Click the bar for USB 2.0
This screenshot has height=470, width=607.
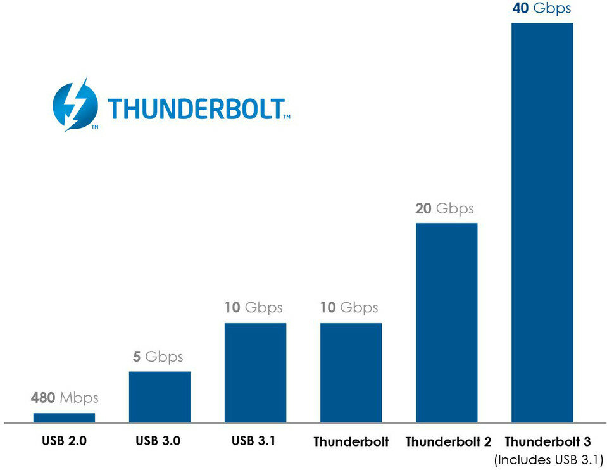64,417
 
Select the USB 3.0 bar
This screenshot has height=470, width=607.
160,397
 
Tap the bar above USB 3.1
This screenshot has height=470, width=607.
255,372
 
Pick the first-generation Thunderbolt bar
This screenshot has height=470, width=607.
351,372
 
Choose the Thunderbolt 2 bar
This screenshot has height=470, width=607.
446,322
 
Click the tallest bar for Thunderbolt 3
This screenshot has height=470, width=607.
542,222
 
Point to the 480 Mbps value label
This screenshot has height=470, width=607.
65,398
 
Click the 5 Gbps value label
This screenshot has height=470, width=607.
160,357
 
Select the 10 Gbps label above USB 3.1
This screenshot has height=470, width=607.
253,308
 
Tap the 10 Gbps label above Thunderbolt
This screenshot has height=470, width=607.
349,308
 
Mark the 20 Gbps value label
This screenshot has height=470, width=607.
444,208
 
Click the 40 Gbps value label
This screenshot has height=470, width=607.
541,8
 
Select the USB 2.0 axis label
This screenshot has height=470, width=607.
65,440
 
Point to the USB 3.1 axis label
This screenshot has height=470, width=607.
253,440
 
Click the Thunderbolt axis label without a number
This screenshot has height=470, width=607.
351,441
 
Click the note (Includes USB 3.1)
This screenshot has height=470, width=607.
549,459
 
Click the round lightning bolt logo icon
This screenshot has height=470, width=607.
75,105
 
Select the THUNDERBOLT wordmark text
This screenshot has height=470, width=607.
195,109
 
